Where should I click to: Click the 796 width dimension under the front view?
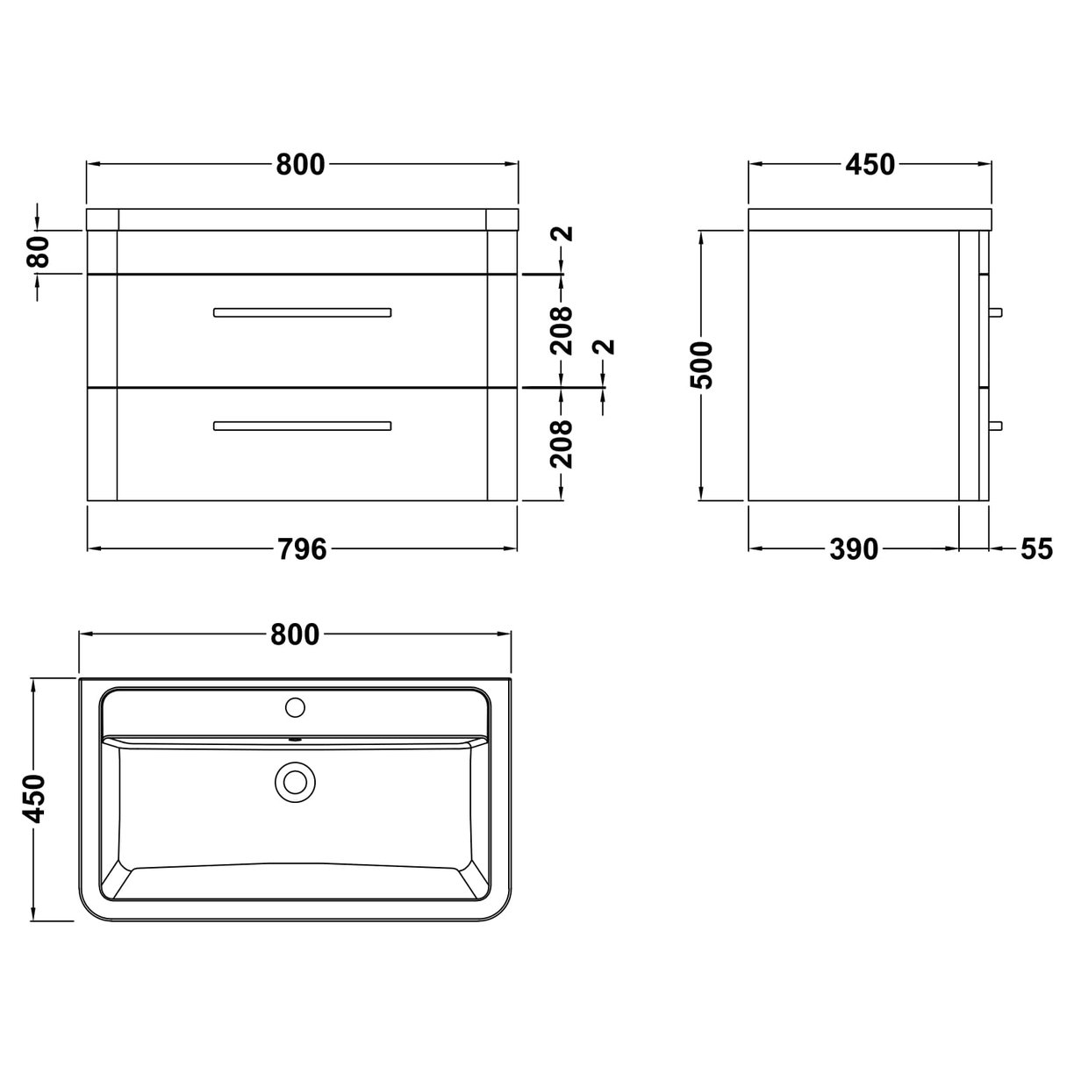click(x=301, y=549)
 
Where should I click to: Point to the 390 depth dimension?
click(x=853, y=549)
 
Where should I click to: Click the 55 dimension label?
click(x=1035, y=549)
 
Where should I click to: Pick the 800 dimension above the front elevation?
click(x=301, y=164)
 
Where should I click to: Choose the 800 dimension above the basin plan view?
click(x=295, y=634)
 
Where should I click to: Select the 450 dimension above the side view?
click(x=870, y=164)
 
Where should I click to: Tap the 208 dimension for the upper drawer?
click(x=562, y=329)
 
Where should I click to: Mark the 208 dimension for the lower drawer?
click(x=562, y=443)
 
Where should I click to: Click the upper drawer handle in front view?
click(x=302, y=311)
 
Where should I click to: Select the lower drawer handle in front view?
click(x=302, y=426)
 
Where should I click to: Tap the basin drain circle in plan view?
click(x=295, y=781)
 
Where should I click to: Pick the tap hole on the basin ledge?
click(x=295, y=705)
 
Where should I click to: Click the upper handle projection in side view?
click(x=996, y=311)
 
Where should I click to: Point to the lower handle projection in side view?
click(x=996, y=426)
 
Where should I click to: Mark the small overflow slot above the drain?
click(x=295, y=739)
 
